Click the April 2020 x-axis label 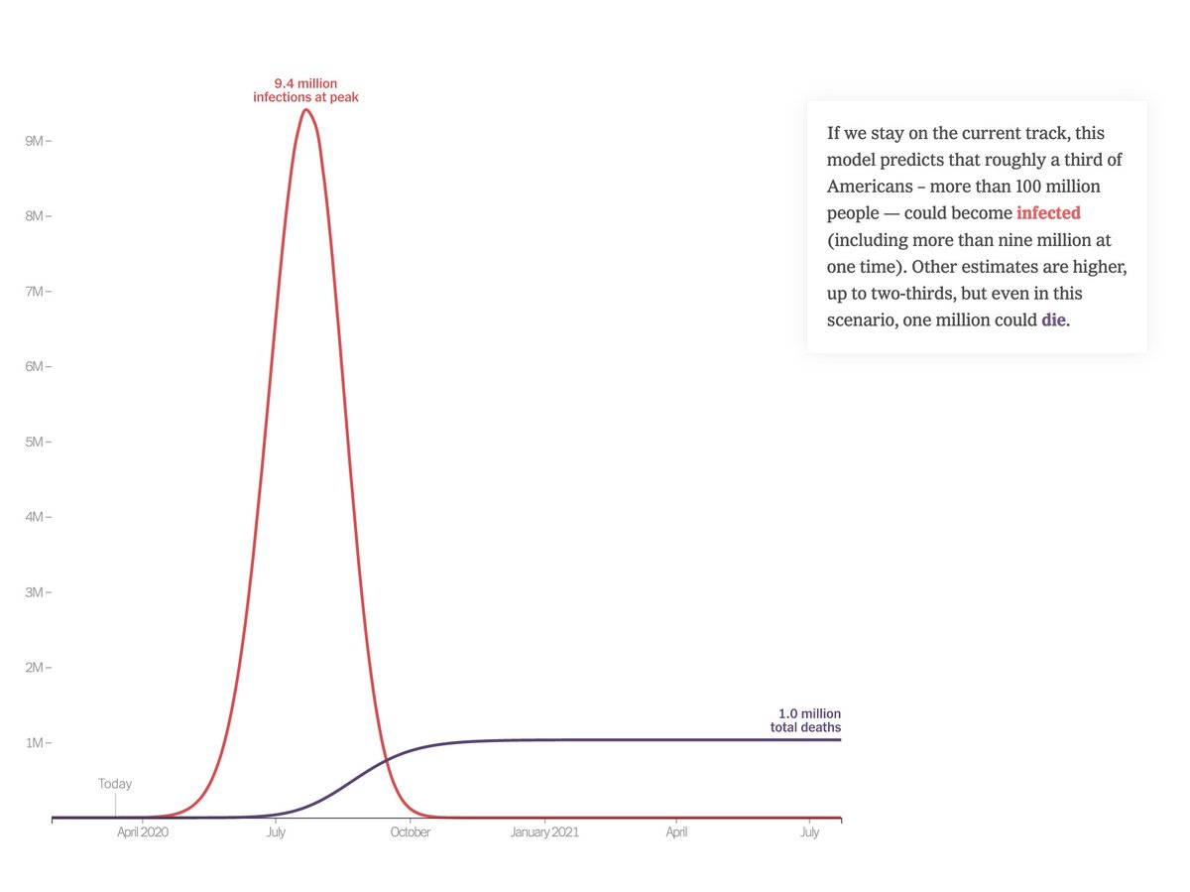143,832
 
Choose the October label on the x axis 411,832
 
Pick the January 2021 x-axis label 544,832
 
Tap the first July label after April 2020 276,832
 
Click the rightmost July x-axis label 810,832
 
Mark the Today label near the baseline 115,784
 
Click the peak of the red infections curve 305,109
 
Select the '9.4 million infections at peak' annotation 305,90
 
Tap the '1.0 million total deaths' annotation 805,720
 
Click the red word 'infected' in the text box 1048,213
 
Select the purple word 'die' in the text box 1053,320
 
